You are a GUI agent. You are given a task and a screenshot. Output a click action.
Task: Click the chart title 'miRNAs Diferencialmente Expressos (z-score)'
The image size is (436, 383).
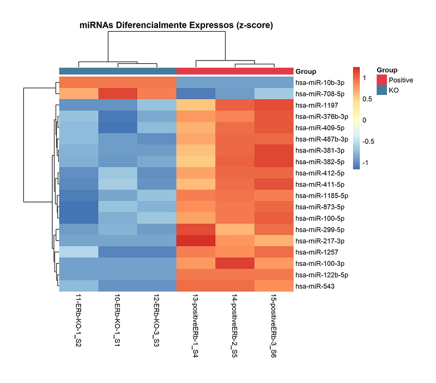(x=176, y=25)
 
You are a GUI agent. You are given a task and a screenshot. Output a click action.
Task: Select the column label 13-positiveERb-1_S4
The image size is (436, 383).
(x=196, y=327)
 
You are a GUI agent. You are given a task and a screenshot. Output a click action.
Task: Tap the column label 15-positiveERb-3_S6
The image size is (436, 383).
(x=274, y=327)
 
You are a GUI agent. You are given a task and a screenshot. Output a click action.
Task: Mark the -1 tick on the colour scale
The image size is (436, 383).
(x=365, y=162)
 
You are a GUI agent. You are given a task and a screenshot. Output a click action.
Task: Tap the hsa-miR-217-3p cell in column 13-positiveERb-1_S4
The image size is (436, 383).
(x=196, y=240)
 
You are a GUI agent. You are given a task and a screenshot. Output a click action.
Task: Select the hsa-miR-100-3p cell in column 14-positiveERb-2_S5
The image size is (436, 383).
(x=235, y=263)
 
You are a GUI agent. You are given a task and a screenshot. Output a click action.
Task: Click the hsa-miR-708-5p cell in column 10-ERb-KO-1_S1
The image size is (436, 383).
(x=118, y=94)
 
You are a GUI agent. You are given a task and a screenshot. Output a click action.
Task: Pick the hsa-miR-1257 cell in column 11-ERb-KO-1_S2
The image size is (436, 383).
(x=78, y=252)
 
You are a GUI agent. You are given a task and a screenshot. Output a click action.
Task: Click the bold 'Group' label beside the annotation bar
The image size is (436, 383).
(x=306, y=71)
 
